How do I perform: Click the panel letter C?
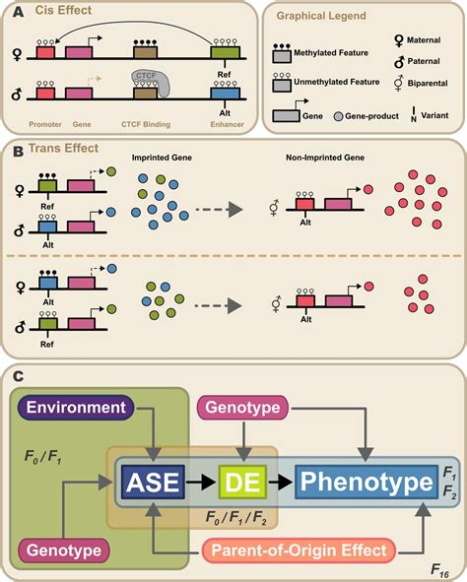tap(12, 374)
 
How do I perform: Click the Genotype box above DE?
tap(242, 407)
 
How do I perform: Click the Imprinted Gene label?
tap(161, 157)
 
